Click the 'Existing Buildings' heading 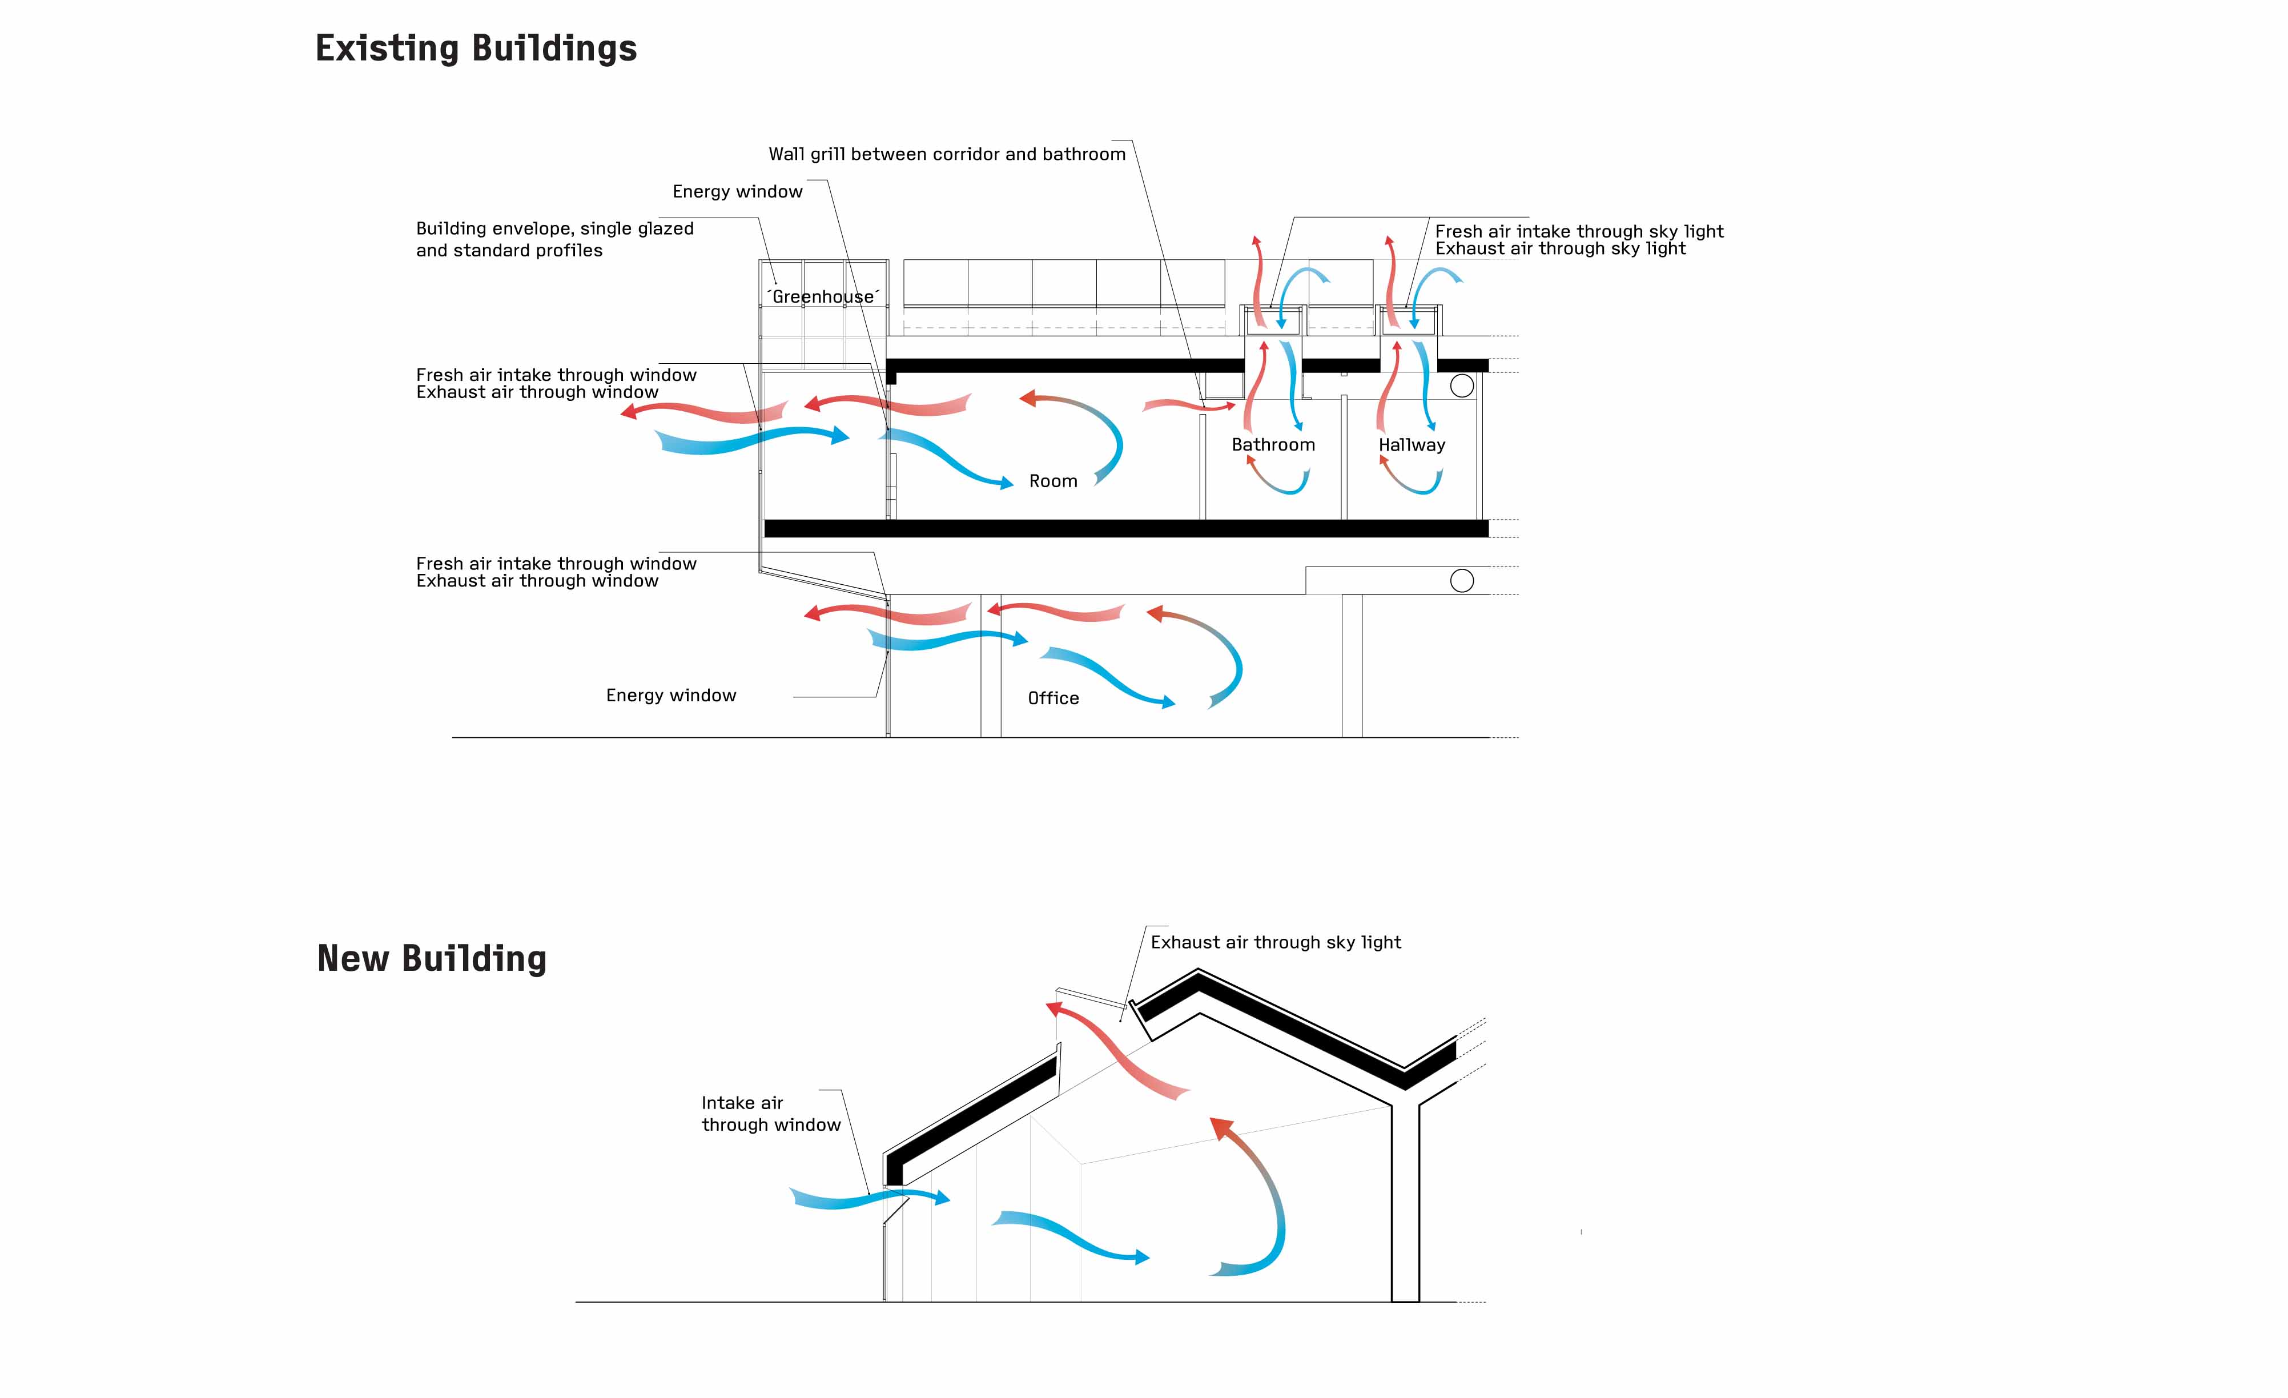coord(476,49)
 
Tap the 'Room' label coord(1053,481)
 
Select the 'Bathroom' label coord(1273,445)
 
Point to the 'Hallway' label coord(1412,445)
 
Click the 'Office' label coord(1053,698)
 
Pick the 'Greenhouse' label coord(823,296)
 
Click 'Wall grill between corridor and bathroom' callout coord(947,154)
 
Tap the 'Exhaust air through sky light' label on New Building coord(1276,942)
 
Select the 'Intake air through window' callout coord(771,1114)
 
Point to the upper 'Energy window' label coord(737,191)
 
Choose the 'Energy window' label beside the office coord(670,696)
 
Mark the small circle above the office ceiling coord(1462,581)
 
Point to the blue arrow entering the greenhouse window coord(752,440)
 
